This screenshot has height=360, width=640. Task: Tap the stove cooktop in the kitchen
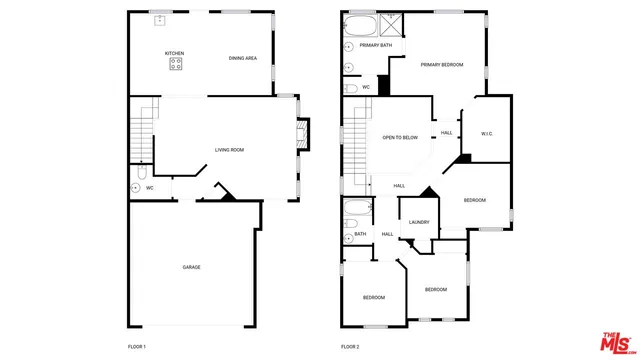176,64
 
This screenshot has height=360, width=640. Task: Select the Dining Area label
243,58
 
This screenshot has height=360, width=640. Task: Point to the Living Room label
229,150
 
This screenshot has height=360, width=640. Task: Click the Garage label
191,267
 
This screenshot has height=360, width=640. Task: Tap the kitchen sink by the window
158,19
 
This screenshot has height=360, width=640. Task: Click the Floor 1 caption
137,346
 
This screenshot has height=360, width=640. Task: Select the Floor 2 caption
350,346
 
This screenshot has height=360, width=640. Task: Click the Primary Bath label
376,45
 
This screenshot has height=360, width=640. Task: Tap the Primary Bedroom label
441,65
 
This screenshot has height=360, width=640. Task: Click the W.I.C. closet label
487,133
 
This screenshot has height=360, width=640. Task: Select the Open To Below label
400,137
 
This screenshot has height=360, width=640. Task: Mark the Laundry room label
419,222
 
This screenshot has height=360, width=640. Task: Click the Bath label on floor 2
360,234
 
